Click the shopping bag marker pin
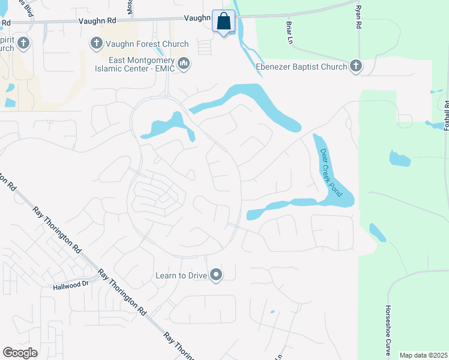[x=223, y=22]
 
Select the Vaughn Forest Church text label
[x=147, y=44]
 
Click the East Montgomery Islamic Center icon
[x=184, y=63]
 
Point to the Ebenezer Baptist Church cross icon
[x=356, y=66]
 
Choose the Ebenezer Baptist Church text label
[x=301, y=67]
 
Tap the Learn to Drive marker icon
[x=216, y=275]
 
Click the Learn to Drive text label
[x=181, y=275]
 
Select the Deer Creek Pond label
[x=331, y=173]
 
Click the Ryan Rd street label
[x=358, y=19]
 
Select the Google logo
[x=20, y=353]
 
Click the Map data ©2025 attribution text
[x=423, y=355]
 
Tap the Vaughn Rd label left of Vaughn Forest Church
[x=97, y=20]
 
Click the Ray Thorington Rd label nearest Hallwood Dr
[x=122, y=293]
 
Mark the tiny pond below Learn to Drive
[x=272, y=311]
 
